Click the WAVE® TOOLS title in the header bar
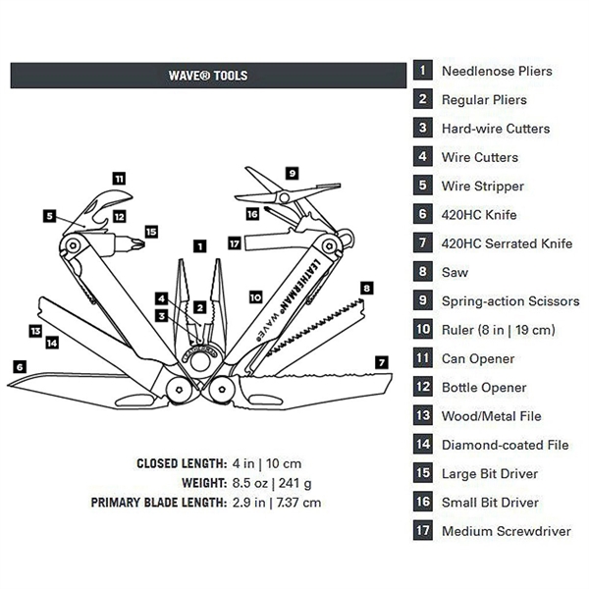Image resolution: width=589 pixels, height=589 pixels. pyautogui.click(x=208, y=76)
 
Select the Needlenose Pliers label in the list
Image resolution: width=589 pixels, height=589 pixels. pyautogui.click(x=496, y=71)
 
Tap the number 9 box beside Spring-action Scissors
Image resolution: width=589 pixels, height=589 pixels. pyautogui.click(x=423, y=301)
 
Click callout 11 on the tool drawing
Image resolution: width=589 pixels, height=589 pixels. pyautogui.click(x=119, y=179)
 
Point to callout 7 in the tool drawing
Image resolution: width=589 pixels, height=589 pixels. pyautogui.click(x=380, y=362)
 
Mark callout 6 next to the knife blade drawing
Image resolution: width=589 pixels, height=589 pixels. pyautogui.click(x=19, y=366)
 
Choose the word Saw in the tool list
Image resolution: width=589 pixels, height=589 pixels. pyautogui.click(x=455, y=273)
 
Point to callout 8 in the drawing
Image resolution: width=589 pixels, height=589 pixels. pyautogui.click(x=367, y=289)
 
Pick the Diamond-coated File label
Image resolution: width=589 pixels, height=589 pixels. pyautogui.click(x=505, y=445)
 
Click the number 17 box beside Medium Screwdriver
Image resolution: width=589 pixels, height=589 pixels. pyautogui.click(x=423, y=531)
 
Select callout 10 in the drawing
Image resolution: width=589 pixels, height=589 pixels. pyautogui.click(x=255, y=295)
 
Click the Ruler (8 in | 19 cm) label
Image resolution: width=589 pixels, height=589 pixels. pyautogui.click(x=499, y=330)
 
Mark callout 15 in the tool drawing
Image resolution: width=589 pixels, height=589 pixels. pyautogui.click(x=150, y=232)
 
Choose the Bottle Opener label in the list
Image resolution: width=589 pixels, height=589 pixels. pyautogui.click(x=484, y=388)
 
